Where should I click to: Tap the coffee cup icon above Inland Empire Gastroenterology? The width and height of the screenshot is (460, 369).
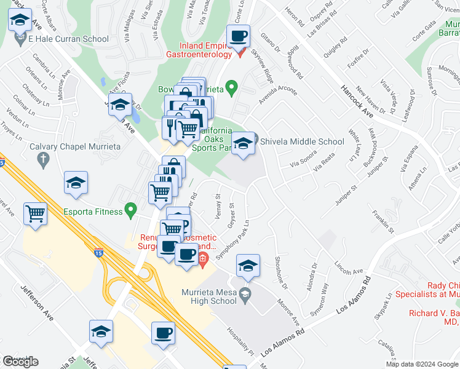point(238,36)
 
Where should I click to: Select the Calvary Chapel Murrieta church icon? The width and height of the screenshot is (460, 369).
point(43,160)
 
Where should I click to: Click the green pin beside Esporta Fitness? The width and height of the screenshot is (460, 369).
point(130,211)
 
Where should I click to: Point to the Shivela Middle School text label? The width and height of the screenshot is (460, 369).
point(302,141)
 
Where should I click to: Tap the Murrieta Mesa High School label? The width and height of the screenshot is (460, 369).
point(209,296)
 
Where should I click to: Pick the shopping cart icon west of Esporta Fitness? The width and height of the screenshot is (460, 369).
point(36,215)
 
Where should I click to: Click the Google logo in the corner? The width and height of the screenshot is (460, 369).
point(20,362)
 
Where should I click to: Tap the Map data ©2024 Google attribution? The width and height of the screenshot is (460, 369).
point(422,363)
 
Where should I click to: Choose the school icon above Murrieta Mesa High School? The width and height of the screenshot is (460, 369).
point(248,266)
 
